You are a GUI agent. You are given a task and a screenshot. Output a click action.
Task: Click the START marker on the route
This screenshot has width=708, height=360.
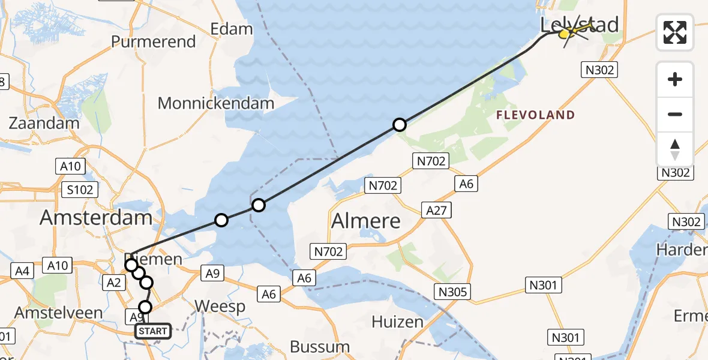[153, 331]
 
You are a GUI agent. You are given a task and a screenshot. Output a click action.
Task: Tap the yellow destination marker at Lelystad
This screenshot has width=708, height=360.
[565, 34]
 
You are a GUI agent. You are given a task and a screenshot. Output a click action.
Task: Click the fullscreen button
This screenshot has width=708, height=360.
[675, 32]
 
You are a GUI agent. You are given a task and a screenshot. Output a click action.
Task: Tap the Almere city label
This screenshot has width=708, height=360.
[366, 221]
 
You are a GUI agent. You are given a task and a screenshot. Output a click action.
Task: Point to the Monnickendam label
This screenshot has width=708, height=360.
[215, 103]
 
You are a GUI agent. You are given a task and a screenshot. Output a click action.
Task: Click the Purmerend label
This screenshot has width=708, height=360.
[154, 41]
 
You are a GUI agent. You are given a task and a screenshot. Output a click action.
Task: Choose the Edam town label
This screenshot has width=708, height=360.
[231, 29]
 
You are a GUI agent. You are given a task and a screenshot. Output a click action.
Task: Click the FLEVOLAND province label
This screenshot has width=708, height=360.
[536, 115]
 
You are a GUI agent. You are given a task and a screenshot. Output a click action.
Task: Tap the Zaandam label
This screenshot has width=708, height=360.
[44, 124]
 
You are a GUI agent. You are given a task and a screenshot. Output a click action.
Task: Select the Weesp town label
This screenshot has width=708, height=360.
[220, 307]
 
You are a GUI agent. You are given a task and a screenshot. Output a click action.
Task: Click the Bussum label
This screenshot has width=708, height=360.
[320, 346]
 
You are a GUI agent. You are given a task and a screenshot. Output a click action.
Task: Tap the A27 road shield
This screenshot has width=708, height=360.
[436, 210]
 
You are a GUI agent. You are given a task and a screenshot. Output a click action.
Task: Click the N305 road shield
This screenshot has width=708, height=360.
[454, 292]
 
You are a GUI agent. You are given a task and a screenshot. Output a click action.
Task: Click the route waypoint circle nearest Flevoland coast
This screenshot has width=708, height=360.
[399, 125]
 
